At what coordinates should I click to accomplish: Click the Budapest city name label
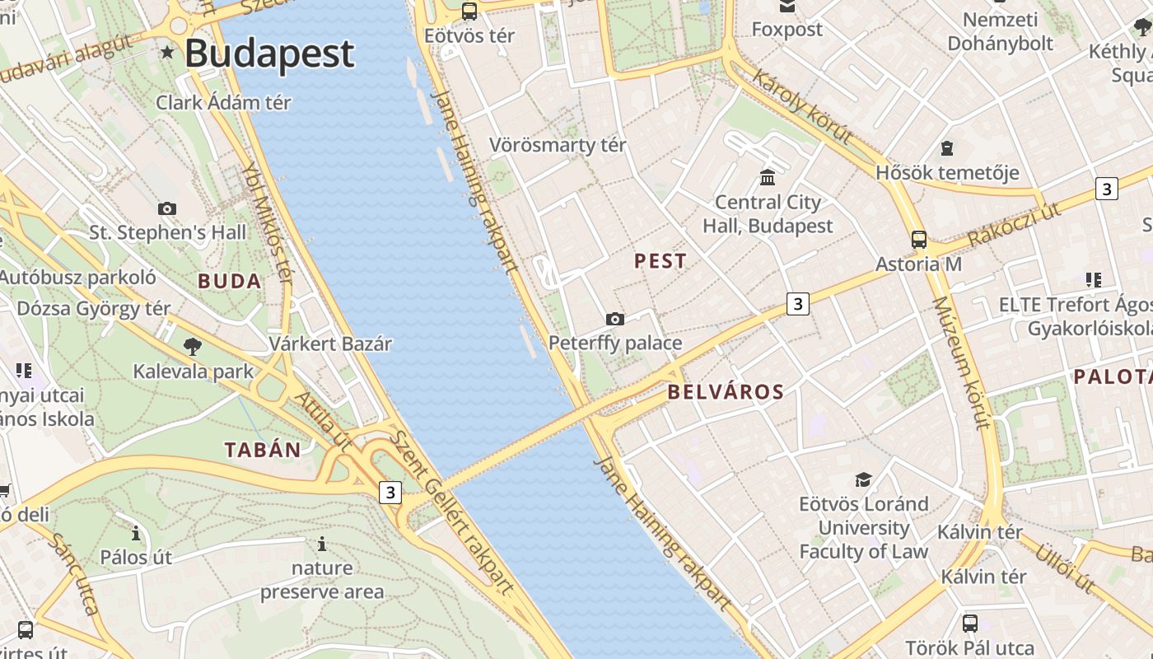[269, 54]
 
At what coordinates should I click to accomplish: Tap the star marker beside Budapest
[168, 53]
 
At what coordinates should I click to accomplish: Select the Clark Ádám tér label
[224, 103]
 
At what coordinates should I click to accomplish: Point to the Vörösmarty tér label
[558, 145]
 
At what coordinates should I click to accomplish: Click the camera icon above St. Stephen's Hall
[167, 208]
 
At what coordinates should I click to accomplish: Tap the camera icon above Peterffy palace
[615, 319]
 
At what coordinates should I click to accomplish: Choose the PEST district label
[661, 261]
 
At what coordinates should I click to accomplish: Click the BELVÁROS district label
[726, 392]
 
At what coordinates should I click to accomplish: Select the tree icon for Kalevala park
[193, 347]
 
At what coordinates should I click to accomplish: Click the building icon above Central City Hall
[768, 177]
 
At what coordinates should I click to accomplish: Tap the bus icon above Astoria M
[918, 240]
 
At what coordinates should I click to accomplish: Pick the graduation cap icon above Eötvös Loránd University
[863, 479]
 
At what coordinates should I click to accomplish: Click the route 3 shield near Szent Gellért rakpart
[390, 493]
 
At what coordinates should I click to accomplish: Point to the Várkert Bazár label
[330, 344]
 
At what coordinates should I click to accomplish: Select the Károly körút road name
[801, 108]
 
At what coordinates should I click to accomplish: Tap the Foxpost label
[787, 30]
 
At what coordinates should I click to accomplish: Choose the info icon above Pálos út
[136, 534]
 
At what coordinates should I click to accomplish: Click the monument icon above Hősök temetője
[947, 149]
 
